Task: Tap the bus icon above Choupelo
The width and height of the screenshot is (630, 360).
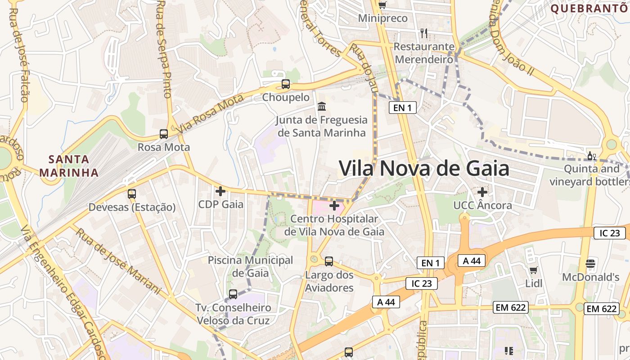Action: click(285, 84)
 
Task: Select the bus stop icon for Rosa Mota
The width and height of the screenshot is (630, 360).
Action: click(164, 134)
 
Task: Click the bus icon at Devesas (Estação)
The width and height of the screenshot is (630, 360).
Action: click(131, 194)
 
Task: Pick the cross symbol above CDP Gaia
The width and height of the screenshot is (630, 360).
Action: click(220, 191)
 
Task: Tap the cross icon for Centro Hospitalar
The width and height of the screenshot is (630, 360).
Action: click(334, 206)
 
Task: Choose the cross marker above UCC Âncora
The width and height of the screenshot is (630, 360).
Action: click(482, 192)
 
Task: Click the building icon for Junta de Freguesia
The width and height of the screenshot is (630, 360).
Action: click(322, 107)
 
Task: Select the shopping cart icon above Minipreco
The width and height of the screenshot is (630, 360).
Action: click(382, 5)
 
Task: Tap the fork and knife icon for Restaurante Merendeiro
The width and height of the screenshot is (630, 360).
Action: click(423, 33)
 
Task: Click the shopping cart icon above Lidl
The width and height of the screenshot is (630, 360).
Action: click(534, 270)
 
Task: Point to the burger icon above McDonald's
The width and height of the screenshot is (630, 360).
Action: click(590, 263)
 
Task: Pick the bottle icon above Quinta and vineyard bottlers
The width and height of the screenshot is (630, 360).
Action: click(591, 156)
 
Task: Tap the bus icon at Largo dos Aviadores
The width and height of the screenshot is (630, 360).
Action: click(329, 261)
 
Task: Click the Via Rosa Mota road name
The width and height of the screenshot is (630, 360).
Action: click(211, 113)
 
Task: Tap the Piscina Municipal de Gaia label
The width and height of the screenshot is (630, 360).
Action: click(250, 266)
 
